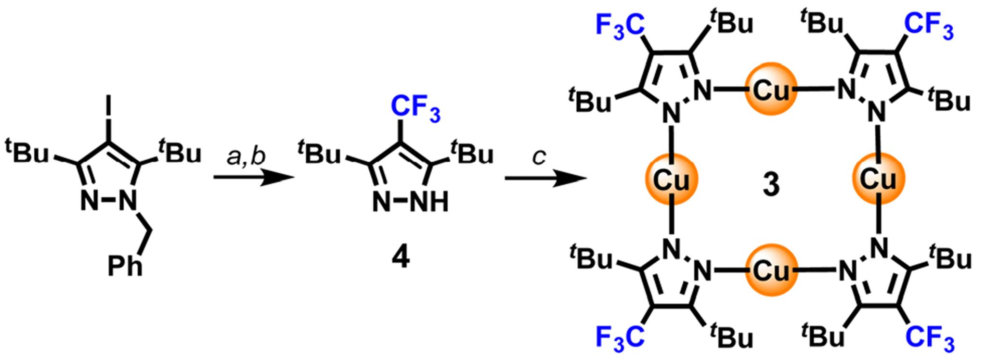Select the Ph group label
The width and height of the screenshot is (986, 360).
125,267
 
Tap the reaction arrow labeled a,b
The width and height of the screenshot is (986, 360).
253,178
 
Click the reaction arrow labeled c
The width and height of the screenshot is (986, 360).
546,179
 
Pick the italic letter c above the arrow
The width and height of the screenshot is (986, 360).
539,157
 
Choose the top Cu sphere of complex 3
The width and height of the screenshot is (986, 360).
770,91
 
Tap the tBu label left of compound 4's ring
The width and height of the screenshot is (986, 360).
319,154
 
